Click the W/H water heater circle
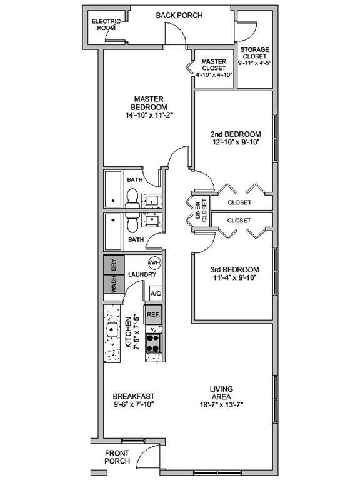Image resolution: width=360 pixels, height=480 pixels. click(x=154, y=262)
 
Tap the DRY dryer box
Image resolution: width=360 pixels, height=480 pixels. click(x=114, y=264)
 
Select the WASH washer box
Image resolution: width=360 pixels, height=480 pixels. click(x=114, y=285)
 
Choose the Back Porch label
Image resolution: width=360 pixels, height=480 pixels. click(x=179, y=16)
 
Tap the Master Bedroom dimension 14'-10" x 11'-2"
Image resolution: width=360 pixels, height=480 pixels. click(x=147, y=115)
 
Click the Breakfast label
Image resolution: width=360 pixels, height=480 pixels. click(x=133, y=396)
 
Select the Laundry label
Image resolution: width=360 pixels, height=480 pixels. click(x=141, y=275)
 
